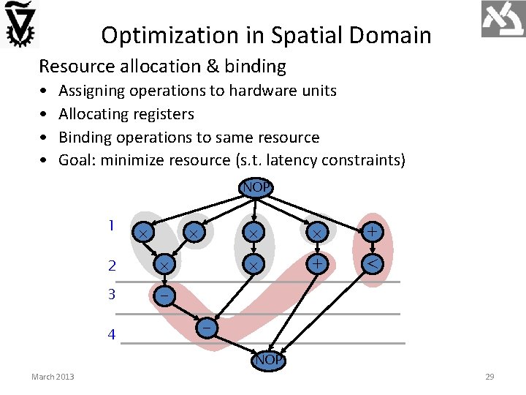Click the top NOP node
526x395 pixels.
click(256, 187)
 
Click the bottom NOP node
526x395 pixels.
click(269, 360)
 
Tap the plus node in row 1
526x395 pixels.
click(373, 232)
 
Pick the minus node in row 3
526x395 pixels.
click(164, 295)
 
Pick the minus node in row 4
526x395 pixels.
click(208, 329)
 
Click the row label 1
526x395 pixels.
click(111, 226)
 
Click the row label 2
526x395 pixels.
click(112, 266)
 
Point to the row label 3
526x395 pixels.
click(112, 295)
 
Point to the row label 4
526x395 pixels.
click(111, 335)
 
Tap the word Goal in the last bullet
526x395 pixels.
click(77, 160)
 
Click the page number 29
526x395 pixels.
click(489, 377)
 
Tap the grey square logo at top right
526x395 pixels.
click(503, 19)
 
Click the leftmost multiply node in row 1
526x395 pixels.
click(144, 232)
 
